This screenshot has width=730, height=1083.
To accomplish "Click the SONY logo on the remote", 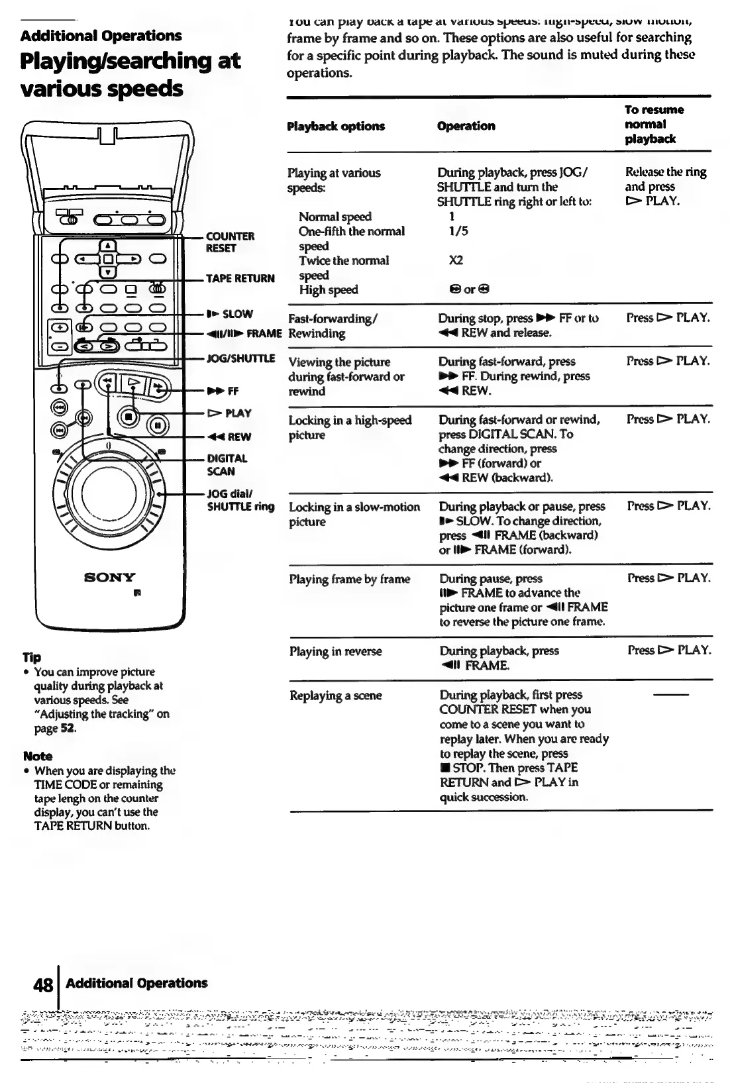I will (109, 577).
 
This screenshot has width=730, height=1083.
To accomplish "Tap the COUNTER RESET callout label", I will (230, 242).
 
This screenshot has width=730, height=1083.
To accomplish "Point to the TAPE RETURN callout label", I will (240, 278).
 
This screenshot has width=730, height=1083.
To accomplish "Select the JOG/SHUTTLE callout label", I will (240, 358).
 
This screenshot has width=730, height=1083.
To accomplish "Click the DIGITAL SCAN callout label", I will (227, 464).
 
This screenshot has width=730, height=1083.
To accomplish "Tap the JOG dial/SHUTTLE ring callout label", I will (240, 500).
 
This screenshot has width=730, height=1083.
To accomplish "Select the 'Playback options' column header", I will (335, 126).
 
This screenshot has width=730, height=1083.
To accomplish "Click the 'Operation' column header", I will (466, 126).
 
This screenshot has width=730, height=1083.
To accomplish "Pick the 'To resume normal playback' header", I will (654, 124).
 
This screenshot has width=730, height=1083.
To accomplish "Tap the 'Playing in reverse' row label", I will (335, 651).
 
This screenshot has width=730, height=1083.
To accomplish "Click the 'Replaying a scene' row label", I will (335, 696).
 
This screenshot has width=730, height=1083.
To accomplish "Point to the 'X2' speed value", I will (456, 260).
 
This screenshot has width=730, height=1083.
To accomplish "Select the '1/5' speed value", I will (458, 231).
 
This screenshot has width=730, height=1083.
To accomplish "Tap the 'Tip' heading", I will (32, 657).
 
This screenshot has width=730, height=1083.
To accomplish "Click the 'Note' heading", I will (37, 756).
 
